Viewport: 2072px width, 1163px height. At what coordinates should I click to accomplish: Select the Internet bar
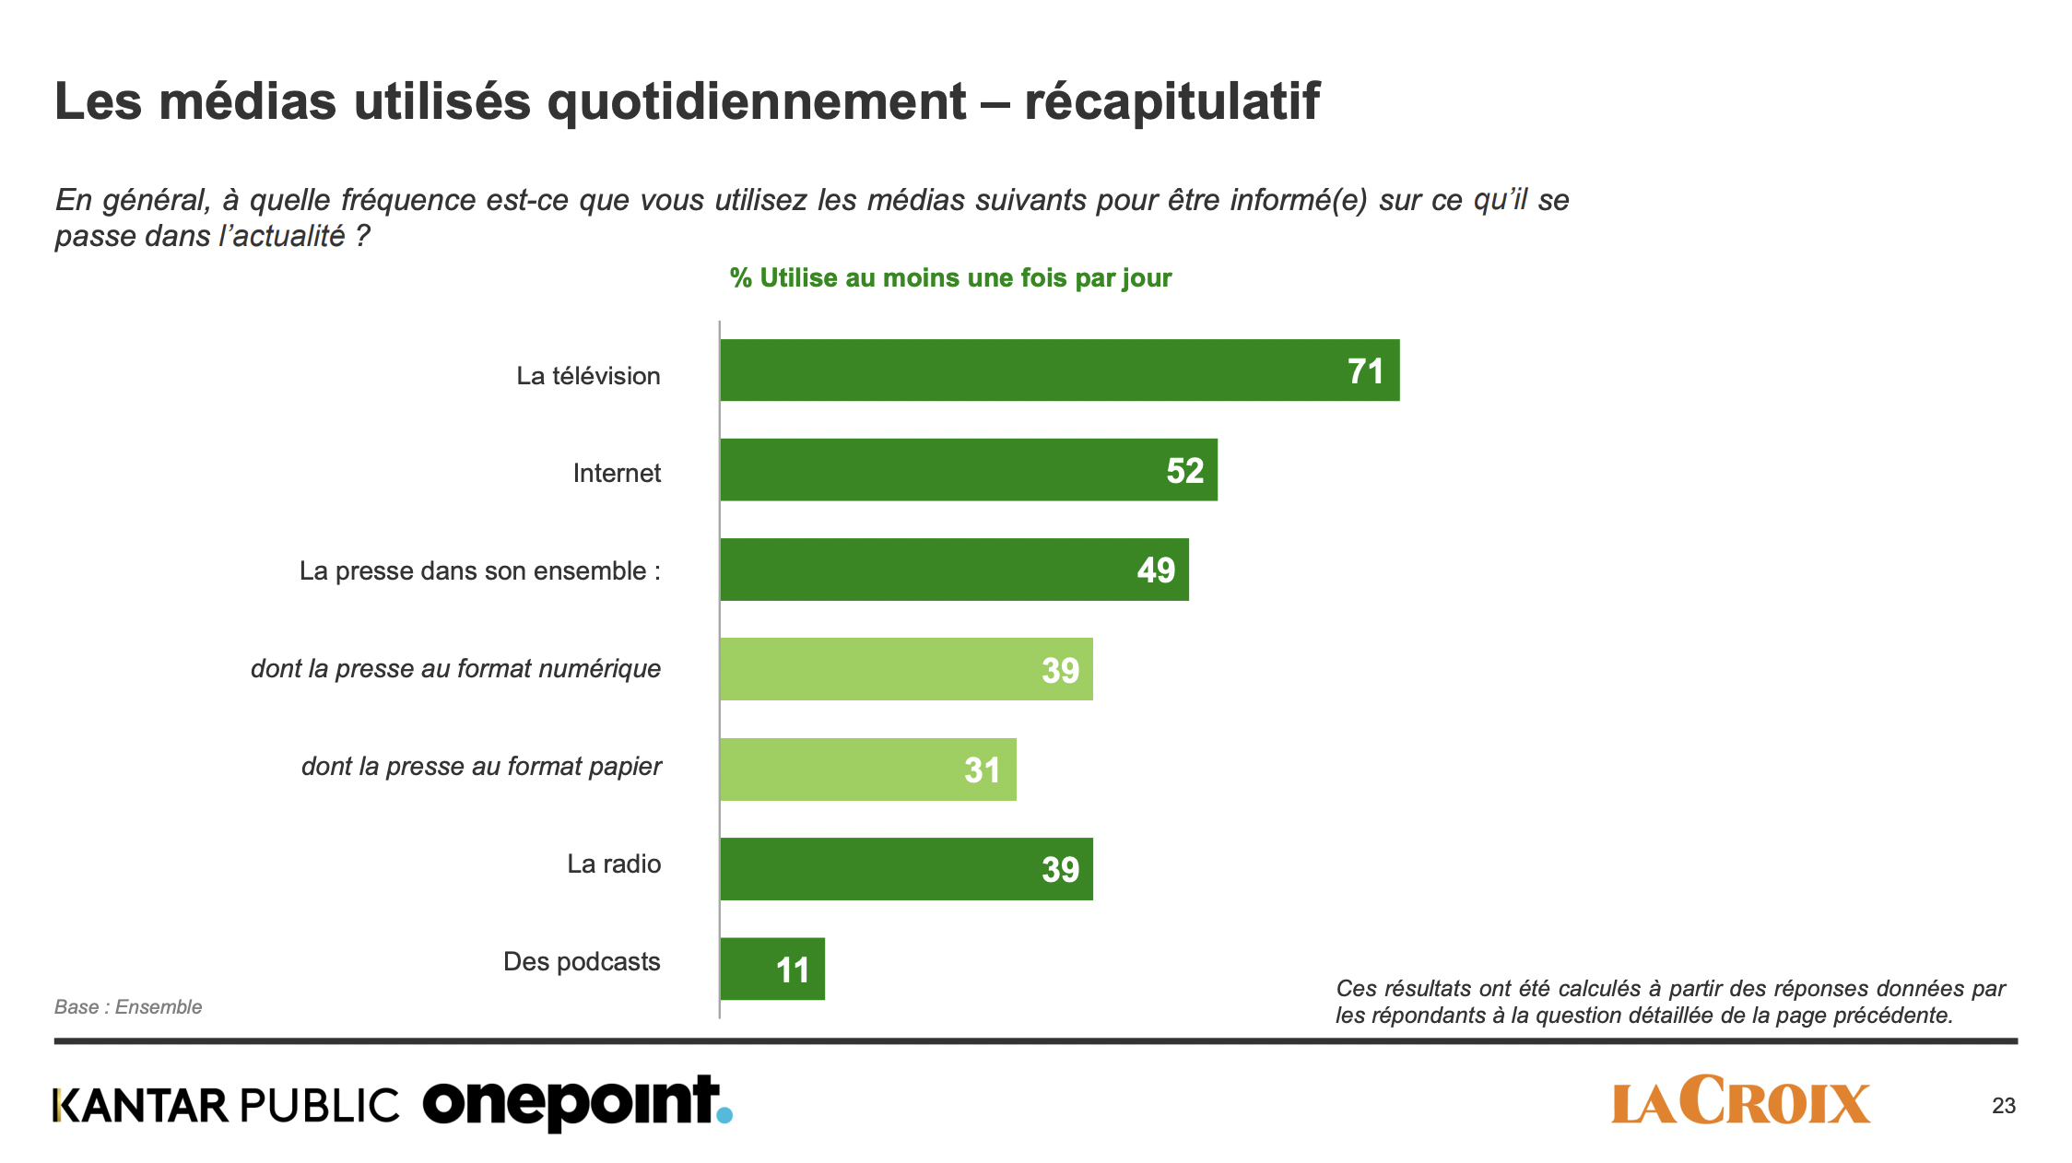pos(968,470)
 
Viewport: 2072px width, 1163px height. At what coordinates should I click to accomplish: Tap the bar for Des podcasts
pos(772,969)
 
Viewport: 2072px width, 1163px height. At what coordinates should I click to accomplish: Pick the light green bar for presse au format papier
pos(867,769)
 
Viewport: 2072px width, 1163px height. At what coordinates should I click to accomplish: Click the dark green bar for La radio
pos(906,869)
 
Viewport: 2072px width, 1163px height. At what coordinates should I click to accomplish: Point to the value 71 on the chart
pos(1365,371)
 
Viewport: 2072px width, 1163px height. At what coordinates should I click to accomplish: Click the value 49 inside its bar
pos(1156,570)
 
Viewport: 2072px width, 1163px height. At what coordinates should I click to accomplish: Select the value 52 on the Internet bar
pos(1184,471)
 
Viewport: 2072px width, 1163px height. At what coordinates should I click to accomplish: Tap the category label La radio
pos(614,864)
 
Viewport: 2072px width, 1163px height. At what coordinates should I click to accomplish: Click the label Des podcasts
pos(582,962)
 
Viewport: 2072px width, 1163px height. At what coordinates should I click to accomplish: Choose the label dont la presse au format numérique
pos(455,669)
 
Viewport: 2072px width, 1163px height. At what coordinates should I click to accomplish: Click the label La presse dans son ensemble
pos(479,571)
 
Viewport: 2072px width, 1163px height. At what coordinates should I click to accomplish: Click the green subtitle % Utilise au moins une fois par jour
pos(950,278)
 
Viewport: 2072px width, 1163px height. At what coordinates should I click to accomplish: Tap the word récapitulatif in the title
pos(1171,101)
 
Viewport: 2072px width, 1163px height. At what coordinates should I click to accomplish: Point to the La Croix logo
pos(1740,1102)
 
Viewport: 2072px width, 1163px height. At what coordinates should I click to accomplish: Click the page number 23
pos(2003,1106)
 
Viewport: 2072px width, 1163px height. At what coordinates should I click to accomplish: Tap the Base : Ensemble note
pos(128,1007)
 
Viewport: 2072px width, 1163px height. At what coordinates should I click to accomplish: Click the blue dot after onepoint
pos(724,1115)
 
